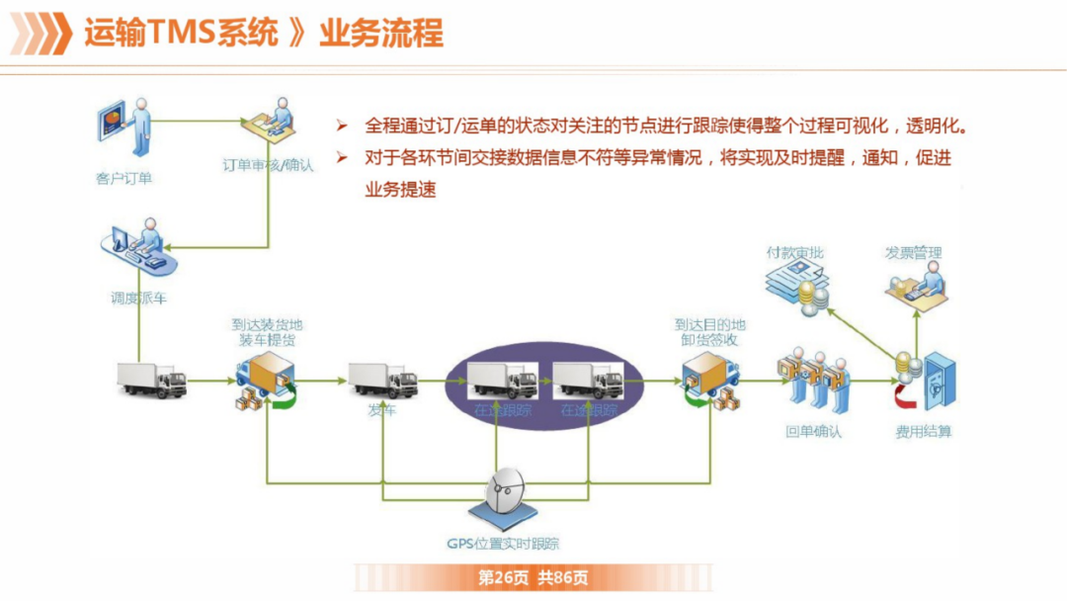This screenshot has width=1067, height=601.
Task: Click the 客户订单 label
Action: (x=124, y=178)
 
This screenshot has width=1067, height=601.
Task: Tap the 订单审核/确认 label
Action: (x=268, y=165)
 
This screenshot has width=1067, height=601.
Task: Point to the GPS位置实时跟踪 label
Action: (x=504, y=543)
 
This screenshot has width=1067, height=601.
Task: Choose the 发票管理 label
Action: (x=914, y=253)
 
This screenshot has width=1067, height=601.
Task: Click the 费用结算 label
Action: (x=924, y=432)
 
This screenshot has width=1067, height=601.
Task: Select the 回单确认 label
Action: (x=814, y=432)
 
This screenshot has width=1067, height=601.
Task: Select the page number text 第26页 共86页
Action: (x=533, y=577)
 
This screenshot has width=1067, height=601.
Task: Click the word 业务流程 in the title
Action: (x=380, y=33)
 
